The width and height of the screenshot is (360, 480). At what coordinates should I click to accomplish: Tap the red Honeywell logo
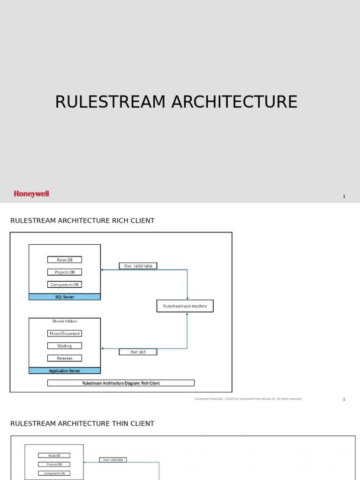tap(31, 194)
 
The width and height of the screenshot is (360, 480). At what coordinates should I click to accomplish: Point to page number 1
tap(344, 196)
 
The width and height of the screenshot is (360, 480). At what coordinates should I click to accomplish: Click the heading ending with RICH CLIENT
tap(82, 221)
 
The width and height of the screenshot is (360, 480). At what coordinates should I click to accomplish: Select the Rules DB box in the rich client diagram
tap(65, 260)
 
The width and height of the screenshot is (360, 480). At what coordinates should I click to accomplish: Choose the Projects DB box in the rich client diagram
tap(65, 272)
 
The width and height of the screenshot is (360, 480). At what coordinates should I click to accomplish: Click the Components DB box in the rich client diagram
tap(65, 285)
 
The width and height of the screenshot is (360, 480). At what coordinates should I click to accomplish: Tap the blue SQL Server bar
tap(65, 297)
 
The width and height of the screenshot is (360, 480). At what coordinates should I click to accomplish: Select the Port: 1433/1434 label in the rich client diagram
tap(138, 266)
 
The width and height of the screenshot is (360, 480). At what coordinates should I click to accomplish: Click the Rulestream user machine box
tap(185, 306)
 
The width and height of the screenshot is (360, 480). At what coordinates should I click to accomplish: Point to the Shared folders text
tap(65, 322)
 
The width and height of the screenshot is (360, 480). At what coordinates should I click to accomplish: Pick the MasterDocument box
tap(65, 333)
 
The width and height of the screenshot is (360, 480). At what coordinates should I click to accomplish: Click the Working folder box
tap(65, 346)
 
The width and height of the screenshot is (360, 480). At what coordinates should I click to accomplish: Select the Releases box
tap(65, 358)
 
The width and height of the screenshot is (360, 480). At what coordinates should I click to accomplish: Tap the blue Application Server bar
tap(65, 371)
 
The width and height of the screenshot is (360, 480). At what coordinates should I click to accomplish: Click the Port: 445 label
tap(138, 352)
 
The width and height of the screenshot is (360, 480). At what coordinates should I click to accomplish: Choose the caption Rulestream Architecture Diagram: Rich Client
tap(121, 383)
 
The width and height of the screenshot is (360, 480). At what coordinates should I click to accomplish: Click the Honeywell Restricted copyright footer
tap(248, 399)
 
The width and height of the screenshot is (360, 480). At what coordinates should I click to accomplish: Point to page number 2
tap(344, 399)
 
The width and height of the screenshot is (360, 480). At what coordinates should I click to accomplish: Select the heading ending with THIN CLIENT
tap(82, 424)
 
